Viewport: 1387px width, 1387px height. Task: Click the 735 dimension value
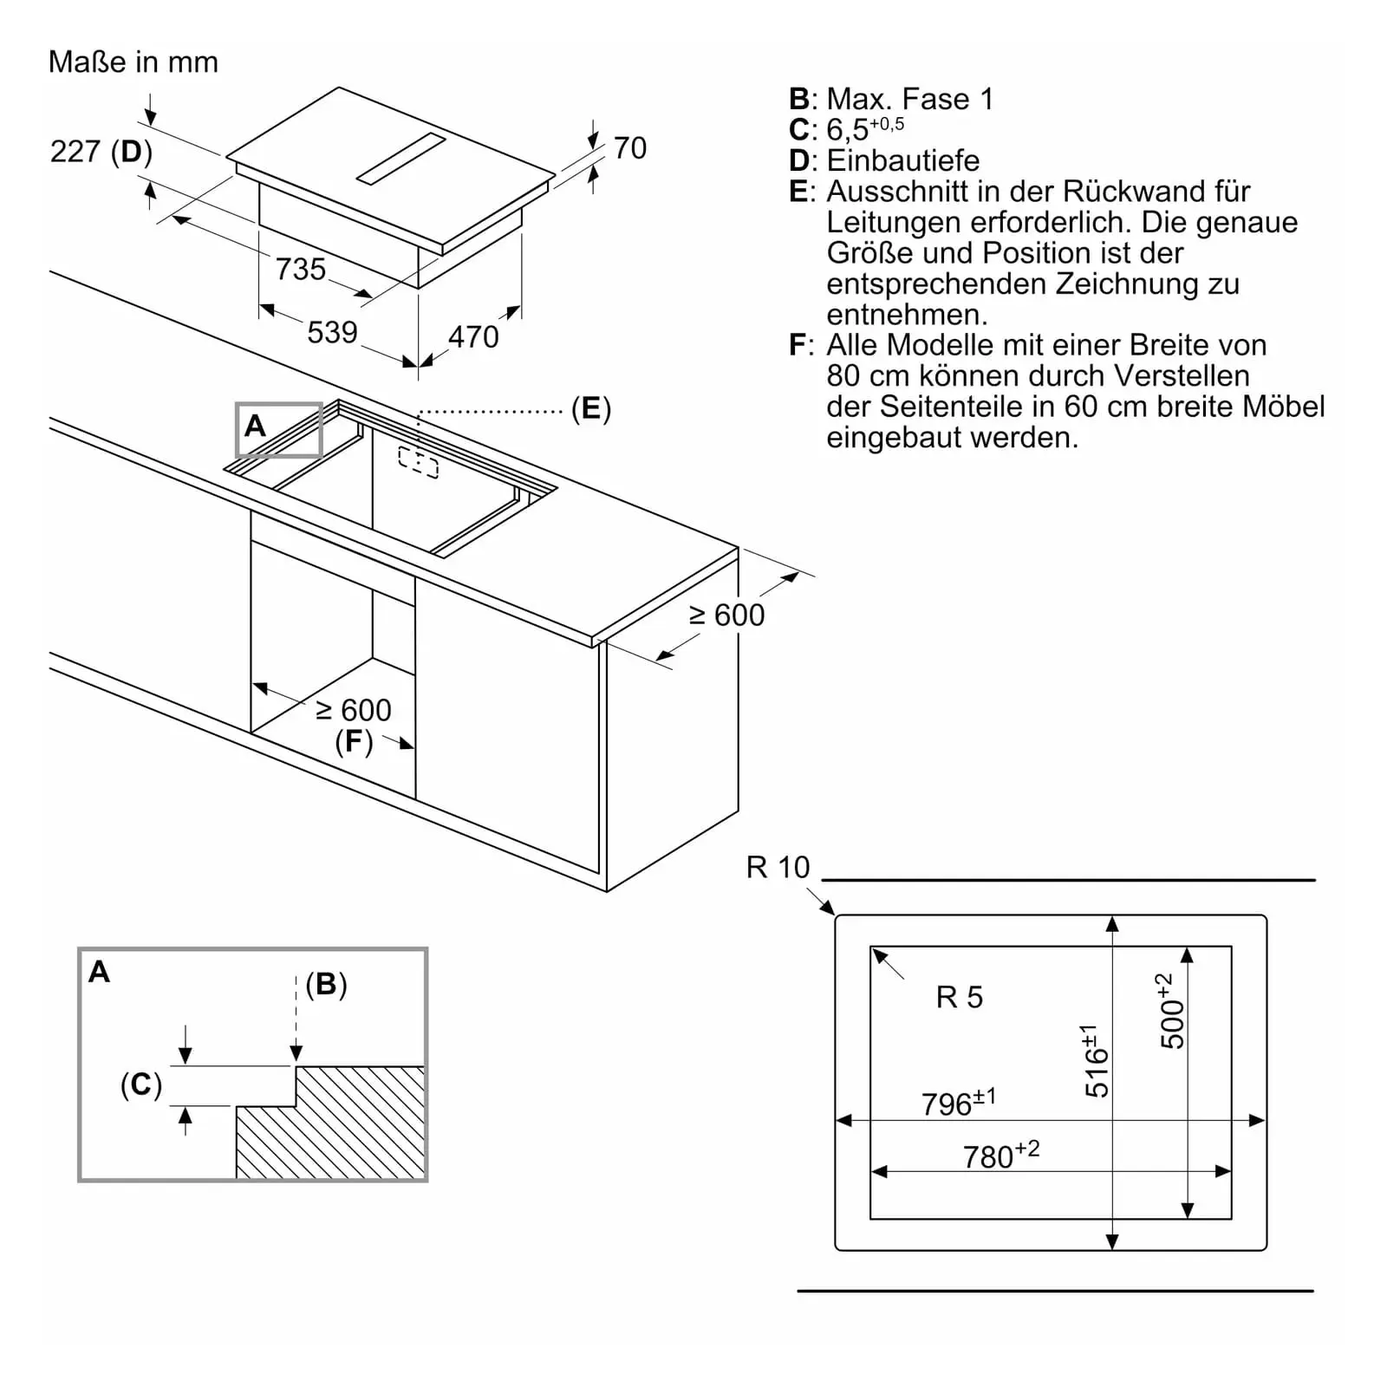[300, 269]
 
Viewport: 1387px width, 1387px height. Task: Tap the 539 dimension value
[332, 332]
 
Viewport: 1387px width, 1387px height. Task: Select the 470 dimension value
[473, 336]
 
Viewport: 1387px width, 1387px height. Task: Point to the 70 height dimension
[630, 148]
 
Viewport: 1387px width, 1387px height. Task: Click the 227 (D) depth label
[101, 152]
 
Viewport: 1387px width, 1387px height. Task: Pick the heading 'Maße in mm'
[133, 62]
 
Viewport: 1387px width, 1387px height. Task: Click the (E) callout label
[590, 408]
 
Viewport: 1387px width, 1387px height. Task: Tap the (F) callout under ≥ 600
[354, 742]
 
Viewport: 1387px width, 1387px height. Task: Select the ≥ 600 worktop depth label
[726, 615]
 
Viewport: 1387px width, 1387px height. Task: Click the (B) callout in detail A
[326, 984]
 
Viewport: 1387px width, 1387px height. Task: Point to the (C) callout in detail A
[141, 1084]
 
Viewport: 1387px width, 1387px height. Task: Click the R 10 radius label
[778, 867]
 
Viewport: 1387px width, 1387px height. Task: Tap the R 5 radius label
[960, 997]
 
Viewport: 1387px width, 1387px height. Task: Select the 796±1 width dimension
[959, 1102]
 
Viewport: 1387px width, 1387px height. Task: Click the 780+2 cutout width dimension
[1001, 1155]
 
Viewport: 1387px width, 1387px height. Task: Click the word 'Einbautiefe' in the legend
[903, 160]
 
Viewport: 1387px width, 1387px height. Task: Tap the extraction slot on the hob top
[400, 160]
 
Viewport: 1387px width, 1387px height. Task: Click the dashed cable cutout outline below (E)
[419, 462]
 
